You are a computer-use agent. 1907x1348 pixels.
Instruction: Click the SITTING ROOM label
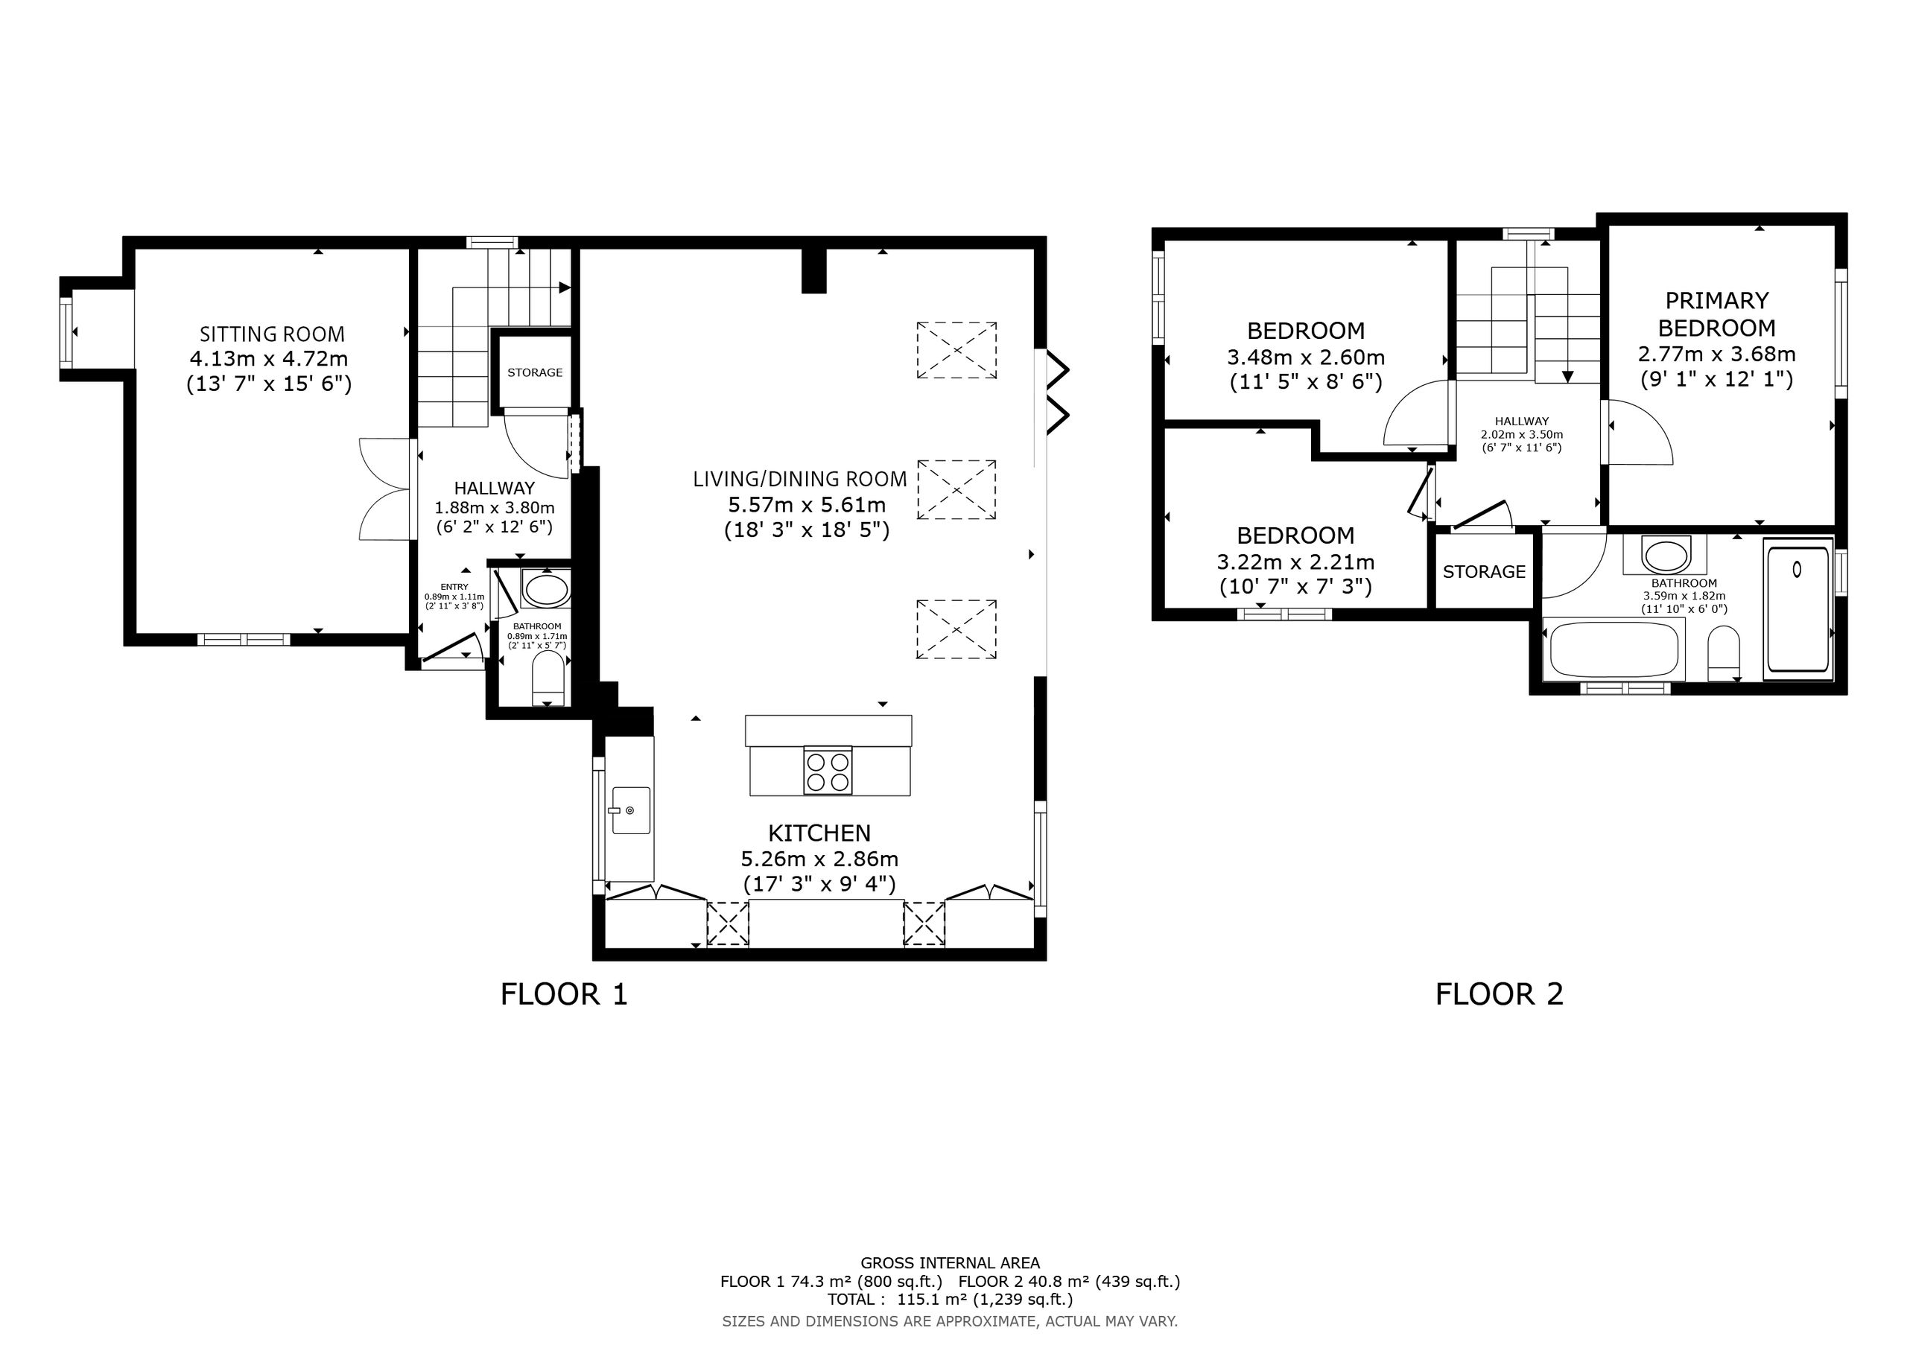click(272, 334)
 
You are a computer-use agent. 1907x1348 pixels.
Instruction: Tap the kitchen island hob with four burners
click(828, 771)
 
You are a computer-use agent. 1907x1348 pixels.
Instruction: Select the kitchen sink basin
click(630, 810)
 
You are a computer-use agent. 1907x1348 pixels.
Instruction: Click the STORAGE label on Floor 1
click(535, 372)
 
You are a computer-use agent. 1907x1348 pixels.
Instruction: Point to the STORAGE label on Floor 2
click(1484, 571)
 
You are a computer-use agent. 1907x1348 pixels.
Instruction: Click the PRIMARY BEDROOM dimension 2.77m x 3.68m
click(1717, 354)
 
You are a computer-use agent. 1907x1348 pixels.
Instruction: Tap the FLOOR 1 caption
click(564, 994)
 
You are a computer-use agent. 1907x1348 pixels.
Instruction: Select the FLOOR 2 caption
click(1500, 994)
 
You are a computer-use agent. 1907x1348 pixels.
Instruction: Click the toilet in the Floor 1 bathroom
click(547, 676)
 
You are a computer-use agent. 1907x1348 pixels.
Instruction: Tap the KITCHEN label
click(819, 833)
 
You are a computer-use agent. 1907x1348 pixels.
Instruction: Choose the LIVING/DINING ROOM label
click(800, 478)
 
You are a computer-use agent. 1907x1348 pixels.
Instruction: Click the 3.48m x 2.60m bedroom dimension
click(1306, 357)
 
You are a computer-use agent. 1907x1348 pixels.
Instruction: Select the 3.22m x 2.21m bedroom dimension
click(1295, 562)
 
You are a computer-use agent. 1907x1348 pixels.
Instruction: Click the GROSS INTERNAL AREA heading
click(951, 1263)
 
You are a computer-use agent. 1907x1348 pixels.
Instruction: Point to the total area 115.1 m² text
click(951, 1299)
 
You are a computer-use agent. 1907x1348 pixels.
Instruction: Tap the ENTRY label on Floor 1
click(454, 587)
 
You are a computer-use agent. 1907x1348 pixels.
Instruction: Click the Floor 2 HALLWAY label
click(1522, 421)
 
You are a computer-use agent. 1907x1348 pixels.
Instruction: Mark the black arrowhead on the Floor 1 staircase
click(565, 288)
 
